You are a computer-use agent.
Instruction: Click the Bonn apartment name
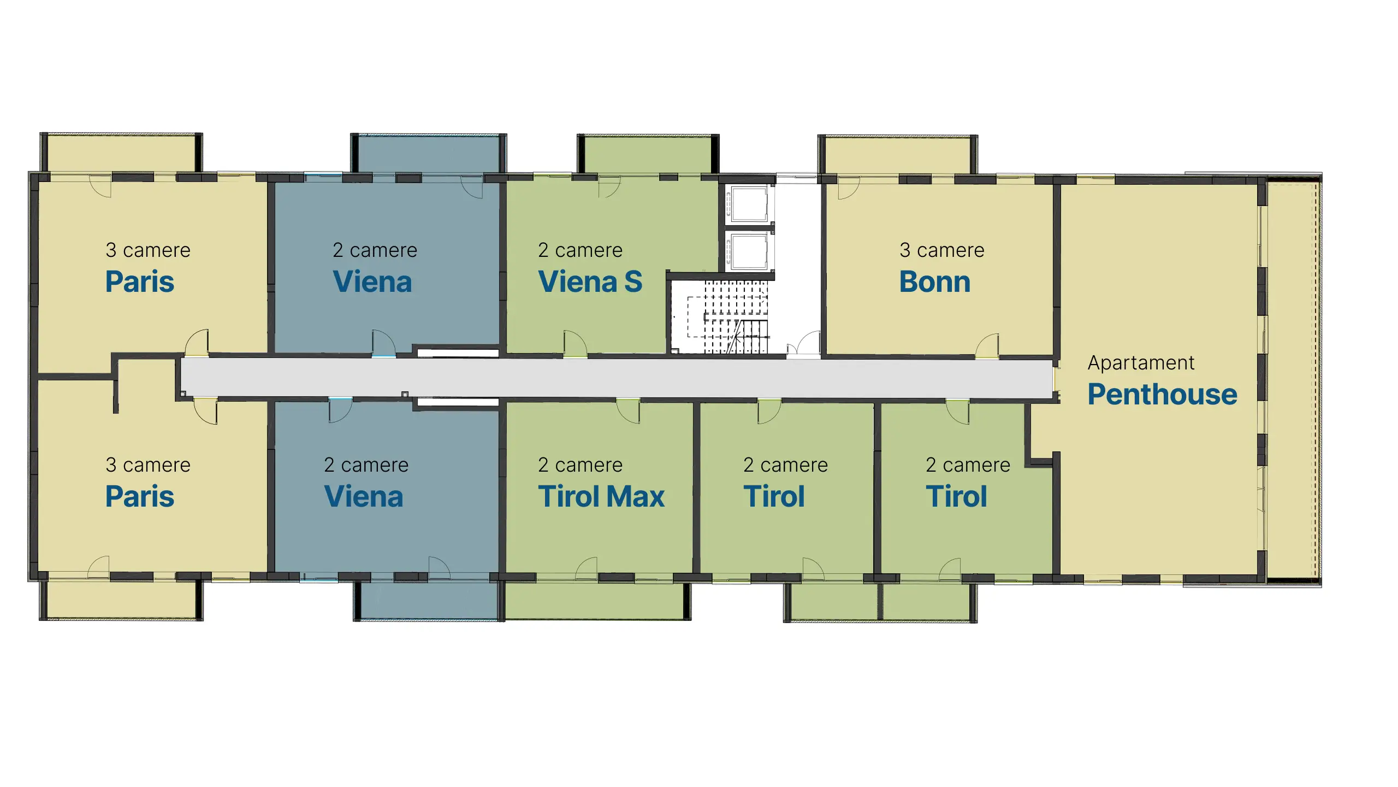[x=934, y=282]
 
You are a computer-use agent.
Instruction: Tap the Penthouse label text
[x=1162, y=395]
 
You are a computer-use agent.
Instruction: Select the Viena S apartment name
[x=590, y=282]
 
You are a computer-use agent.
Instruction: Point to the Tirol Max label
[x=601, y=496]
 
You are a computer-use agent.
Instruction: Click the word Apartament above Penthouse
[x=1141, y=363]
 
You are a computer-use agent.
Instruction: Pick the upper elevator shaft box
[x=749, y=203]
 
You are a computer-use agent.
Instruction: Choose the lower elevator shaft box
[x=749, y=251]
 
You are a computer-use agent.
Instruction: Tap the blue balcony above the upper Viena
[x=429, y=155]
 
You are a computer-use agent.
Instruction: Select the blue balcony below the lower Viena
[x=429, y=600]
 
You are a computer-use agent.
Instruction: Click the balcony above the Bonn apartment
[x=898, y=156]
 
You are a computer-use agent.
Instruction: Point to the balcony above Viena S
[x=648, y=155]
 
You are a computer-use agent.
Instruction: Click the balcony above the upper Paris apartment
[x=121, y=153]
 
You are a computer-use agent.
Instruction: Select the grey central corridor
[x=617, y=378]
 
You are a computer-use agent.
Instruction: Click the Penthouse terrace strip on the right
[x=1292, y=379]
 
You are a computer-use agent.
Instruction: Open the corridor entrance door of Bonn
[x=987, y=346]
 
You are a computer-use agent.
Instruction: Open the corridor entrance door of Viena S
[x=575, y=344]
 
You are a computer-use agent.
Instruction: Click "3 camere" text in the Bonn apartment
[x=942, y=250]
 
